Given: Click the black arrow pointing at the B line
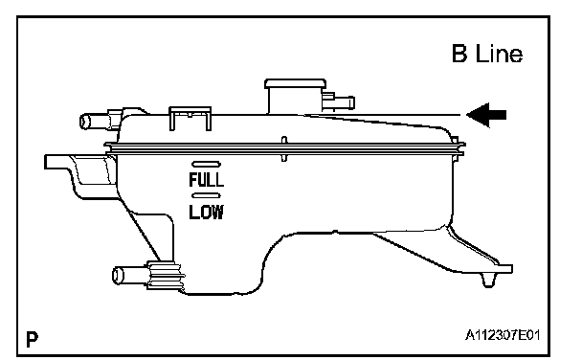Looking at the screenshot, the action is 486,115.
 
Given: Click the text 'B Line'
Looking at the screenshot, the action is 487,54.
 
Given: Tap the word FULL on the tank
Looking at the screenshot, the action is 207,180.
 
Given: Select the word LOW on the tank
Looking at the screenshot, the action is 207,212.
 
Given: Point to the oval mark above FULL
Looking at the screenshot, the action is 206,164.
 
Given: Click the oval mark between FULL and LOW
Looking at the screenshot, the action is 206,195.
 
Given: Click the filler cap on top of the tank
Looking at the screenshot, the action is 296,84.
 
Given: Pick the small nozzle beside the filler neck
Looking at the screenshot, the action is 339,101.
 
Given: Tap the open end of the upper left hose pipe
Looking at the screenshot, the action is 85,122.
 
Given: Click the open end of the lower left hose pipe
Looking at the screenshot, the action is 118,276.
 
